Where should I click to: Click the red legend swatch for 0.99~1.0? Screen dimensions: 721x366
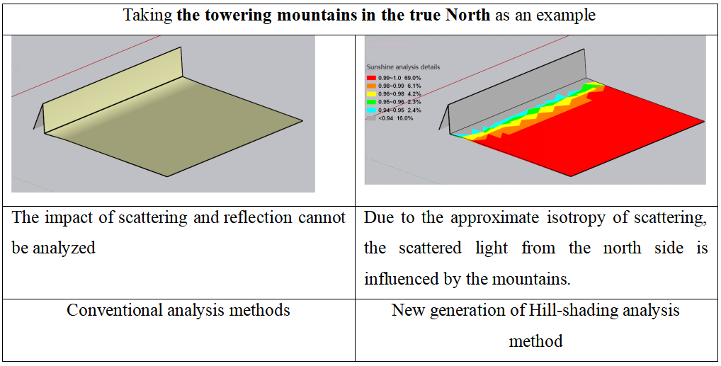[370, 78]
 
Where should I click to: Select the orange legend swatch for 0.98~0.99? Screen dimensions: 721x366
[370, 86]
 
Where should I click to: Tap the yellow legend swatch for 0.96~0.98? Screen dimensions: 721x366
[370, 93]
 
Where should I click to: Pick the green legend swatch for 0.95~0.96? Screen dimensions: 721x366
[370, 102]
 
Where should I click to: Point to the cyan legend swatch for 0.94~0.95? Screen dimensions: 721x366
[370, 110]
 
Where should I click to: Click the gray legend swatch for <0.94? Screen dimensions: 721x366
[370, 118]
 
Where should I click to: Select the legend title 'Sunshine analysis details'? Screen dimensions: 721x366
[403, 67]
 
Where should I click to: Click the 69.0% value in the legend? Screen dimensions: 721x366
[412, 78]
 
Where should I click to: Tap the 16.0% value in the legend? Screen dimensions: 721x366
[404, 118]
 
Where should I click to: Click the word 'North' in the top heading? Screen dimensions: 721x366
[467, 15]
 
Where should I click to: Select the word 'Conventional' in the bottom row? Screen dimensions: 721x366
[114, 310]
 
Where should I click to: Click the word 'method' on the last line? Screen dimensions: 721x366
[535, 341]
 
